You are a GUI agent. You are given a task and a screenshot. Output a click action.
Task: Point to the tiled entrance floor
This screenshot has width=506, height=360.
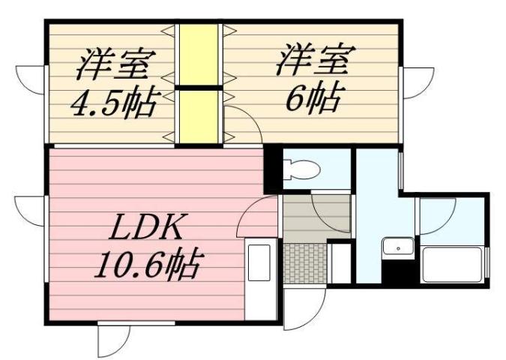click(305, 262)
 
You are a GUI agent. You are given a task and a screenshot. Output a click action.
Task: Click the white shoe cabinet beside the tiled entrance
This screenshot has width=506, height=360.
click(340, 262)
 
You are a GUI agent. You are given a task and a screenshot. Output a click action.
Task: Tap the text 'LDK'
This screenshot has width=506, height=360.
click(145, 226)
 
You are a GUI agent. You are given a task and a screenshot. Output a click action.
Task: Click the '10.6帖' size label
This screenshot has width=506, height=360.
click(146, 263)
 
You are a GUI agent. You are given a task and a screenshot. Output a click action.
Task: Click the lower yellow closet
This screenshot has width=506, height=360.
click(199, 115)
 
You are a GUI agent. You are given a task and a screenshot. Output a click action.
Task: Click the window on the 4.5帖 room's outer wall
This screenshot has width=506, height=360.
click(32, 79)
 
